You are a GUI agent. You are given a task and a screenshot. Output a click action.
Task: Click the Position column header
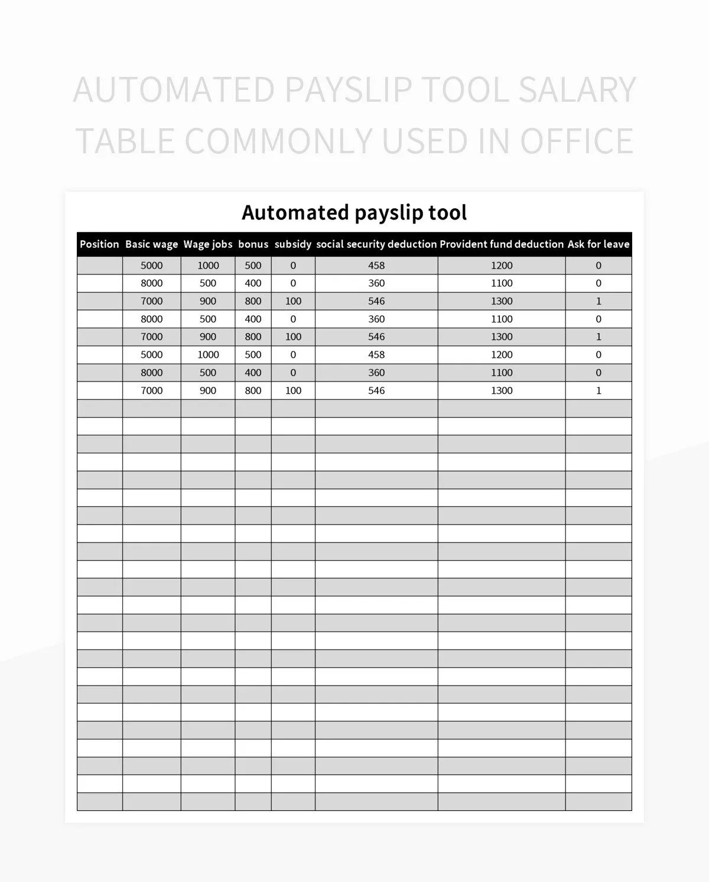coord(99,244)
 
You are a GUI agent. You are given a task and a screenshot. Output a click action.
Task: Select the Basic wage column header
coord(151,244)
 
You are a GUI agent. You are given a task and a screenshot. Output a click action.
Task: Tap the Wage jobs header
coord(208,244)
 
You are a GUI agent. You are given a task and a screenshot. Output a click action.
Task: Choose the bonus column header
coord(253,244)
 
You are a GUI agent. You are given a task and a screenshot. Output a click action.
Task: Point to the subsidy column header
coord(293,244)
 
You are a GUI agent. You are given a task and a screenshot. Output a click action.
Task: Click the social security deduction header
coord(376,244)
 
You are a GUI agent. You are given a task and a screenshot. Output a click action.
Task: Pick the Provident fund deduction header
coord(502,244)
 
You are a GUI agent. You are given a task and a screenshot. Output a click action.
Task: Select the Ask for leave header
coord(599,244)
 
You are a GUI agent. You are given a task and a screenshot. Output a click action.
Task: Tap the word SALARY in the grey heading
coord(577,90)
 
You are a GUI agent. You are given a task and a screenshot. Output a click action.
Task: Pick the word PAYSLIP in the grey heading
coord(348,90)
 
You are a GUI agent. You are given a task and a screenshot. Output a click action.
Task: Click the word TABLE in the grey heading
coord(125,141)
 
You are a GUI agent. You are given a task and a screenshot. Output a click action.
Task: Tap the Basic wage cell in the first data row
coord(151,266)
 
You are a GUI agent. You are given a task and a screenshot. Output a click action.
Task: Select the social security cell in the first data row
coord(376,266)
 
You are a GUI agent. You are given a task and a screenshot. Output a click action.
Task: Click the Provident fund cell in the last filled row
coord(502,390)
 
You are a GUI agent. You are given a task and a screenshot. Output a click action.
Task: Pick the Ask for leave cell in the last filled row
coord(599,390)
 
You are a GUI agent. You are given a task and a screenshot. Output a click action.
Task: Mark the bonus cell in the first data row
coord(253,266)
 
